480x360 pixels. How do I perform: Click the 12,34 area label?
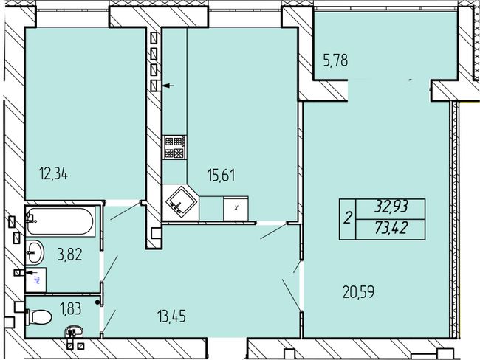point(54,174)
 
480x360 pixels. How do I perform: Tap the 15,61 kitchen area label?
point(221,176)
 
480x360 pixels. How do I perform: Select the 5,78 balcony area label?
point(335,60)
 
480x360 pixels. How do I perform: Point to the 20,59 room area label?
point(358,292)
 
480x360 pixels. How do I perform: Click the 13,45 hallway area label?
point(171,316)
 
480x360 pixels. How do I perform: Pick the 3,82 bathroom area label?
point(70,255)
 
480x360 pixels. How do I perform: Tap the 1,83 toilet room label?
point(70,308)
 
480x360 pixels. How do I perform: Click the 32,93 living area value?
point(391,207)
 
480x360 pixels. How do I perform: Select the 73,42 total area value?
point(391,227)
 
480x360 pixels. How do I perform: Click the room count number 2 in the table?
point(348,218)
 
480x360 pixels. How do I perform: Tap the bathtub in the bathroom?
point(60,221)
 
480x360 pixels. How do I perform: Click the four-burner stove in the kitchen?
point(175,148)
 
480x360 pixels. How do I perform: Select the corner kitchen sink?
point(180,202)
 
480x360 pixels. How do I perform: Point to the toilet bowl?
point(38,317)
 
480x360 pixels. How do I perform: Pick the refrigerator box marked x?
point(236,209)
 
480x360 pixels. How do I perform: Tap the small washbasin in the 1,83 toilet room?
point(74,331)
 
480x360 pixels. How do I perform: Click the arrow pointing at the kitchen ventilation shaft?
point(168,86)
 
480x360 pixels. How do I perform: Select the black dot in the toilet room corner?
point(97,302)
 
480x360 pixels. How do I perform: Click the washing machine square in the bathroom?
point(36,280)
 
